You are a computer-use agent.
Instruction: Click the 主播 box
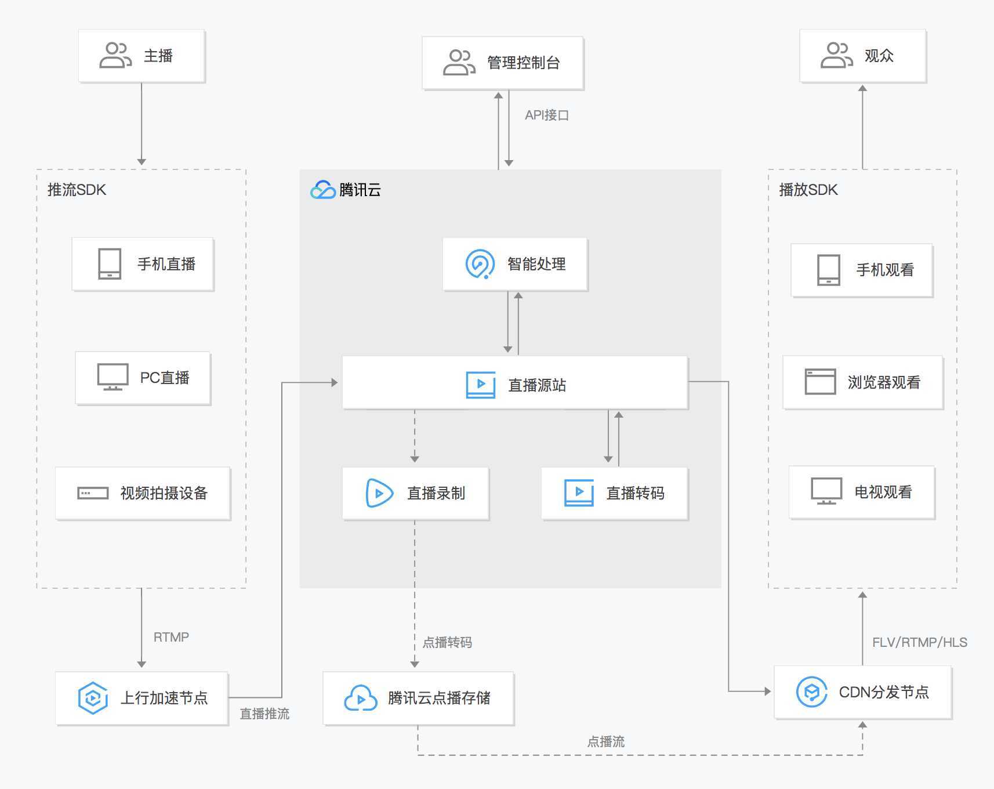coord(142,56)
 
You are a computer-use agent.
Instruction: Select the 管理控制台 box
coord(502,63)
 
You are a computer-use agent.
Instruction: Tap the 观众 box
coord(862,56)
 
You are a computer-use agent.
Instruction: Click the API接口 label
coord(546,115)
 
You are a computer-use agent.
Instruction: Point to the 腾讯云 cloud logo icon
coord(323,190)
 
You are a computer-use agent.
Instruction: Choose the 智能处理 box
coord(515,264)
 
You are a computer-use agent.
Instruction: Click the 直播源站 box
coord(514,383)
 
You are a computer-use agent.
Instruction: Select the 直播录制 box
coord(415,493)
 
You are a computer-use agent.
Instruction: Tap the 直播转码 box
coord(614,493)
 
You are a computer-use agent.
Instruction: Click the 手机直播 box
coord(143,264)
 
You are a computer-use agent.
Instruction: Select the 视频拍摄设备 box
coord(143,493)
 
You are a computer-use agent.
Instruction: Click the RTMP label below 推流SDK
coord(171,637)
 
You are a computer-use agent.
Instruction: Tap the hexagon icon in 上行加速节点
coord(93,697)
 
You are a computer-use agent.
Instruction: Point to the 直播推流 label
coord(264,714)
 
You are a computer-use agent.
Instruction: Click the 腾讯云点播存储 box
coord(418,698)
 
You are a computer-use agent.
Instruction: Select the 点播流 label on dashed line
coord(605,741)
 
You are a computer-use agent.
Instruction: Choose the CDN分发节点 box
coord(862,692)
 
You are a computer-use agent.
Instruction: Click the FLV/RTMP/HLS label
coord(919,642)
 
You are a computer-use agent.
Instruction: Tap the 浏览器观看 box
coord(862,382)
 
